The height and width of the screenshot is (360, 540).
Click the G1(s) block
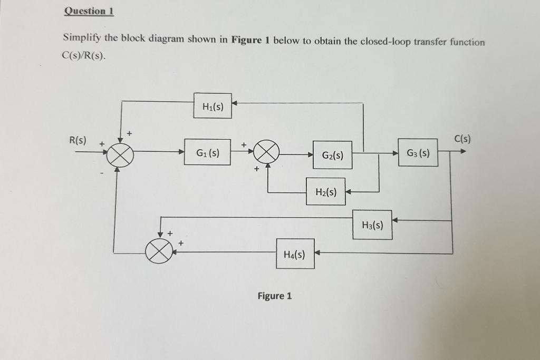click(x=207, y=152)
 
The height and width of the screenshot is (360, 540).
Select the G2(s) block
click(x=332, y=155)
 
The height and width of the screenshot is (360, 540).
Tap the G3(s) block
click(x=418, y=153)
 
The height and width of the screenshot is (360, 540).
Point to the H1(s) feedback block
click(x=213, y=106)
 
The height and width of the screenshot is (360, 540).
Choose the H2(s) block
click(x=325, y=192)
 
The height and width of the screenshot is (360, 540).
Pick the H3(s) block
click(x=372, y=225)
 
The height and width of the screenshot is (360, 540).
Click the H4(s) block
click(x=295, y=255)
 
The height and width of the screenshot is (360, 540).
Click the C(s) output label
click(x=462, y=139)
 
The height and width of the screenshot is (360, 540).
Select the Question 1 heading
click(x=89, y=11)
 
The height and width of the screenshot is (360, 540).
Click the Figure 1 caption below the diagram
click(x=274, y=296)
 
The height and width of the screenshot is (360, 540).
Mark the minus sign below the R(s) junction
click(x=102, y=171)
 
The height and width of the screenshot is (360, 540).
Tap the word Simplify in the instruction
click(x=82, y=38)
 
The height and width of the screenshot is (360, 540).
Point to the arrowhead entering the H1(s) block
click(x=235, y=103)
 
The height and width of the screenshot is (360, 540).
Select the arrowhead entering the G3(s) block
click(x=394, y=153)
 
